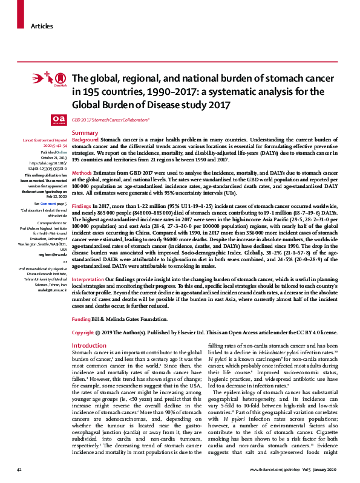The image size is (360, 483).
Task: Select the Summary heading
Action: (85, 132)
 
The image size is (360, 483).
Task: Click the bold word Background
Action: (86, 140)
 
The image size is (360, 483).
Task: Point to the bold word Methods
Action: (82, 173)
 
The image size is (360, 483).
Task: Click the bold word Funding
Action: (82, 318)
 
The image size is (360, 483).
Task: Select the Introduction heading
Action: (89, 345)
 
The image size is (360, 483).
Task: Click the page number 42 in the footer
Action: (19, 470)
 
